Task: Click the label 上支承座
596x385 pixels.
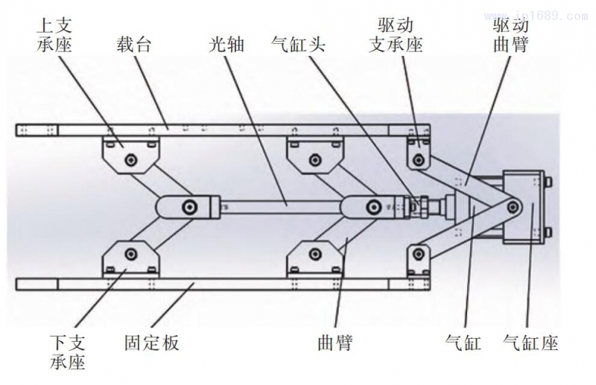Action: (x=54, y=35)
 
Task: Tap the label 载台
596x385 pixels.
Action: (x=134, y=45)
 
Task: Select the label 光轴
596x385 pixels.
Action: (x=226, y=45)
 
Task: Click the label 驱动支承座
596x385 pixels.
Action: (x=397, y=36)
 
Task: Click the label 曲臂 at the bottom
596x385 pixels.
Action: (x=334, y=343)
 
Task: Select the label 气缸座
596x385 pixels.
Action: (x=530, y=343)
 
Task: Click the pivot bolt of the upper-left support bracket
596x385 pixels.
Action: (x=132, y=159)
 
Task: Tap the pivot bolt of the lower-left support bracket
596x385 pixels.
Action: (x=132, y=251)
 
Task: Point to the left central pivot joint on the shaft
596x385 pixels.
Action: (x=191, y=206)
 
